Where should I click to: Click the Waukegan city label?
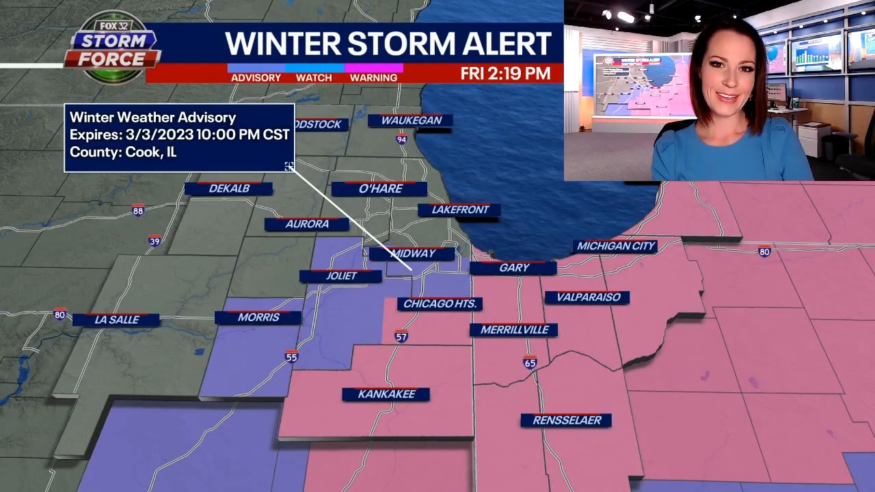click(411, 120)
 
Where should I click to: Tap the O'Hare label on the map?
click(380, 189)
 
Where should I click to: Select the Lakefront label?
click(459, 210)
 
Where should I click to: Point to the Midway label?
click(412, 254)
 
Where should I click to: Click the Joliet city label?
click(341, 276)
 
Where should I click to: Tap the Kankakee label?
click(386, 394)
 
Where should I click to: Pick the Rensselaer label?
click(566, 420)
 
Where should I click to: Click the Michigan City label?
click(615, 246)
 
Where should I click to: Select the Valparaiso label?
click(587, 297)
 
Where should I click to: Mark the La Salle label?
click(116, 320)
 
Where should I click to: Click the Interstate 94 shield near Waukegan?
click(402, 139)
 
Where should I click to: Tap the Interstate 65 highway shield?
click(530, 363)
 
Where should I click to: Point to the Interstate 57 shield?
click(401, 336)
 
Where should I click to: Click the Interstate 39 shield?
click(155, 241)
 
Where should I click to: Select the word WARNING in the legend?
click(373, 78)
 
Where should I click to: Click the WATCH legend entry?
click(314, 78)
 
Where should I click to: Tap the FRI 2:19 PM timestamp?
click(505, 74)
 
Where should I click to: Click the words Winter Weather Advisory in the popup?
click(152, 118)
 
